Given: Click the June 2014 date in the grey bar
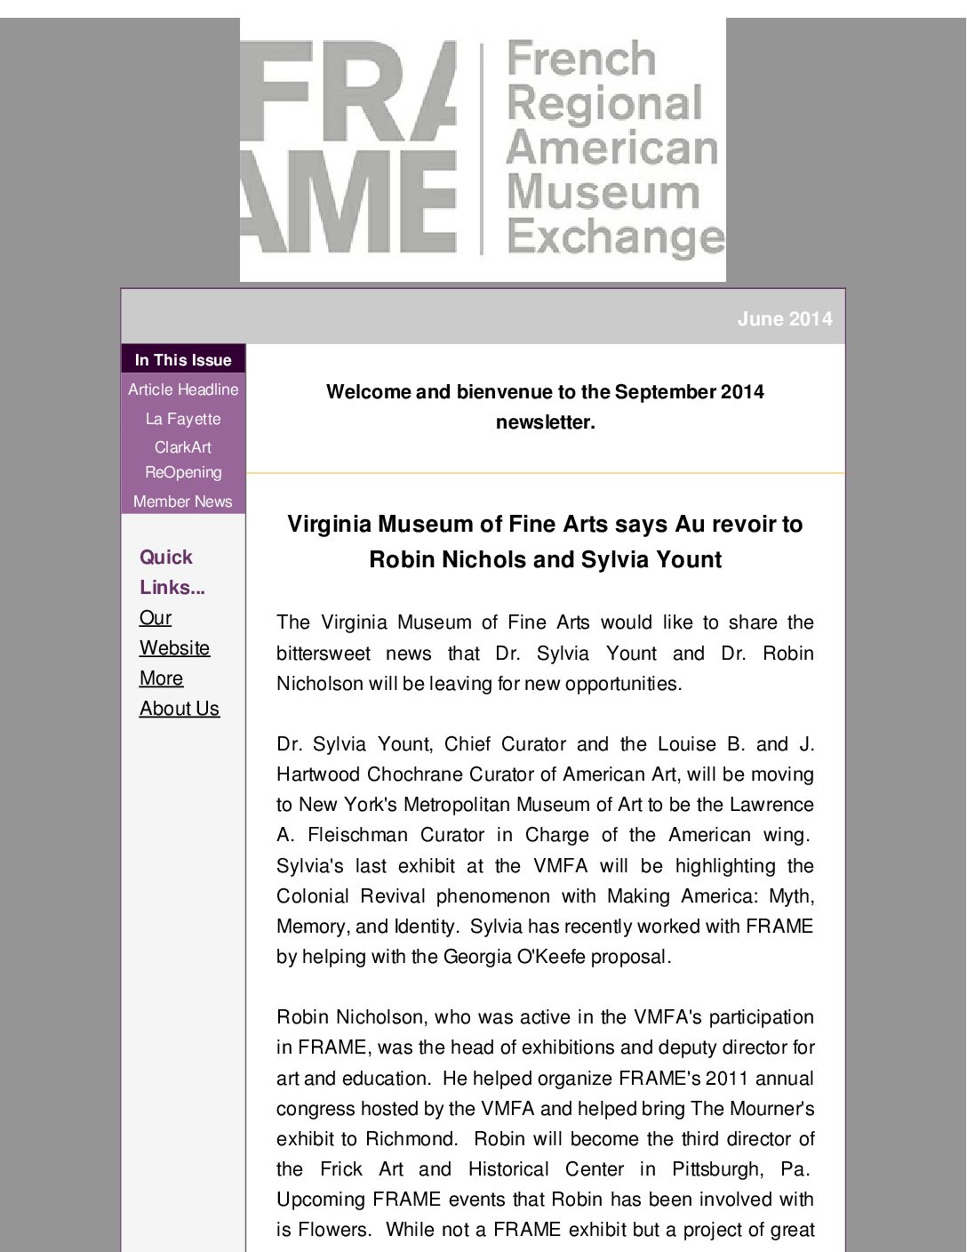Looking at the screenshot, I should point(784,319).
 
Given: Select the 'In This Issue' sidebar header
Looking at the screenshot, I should point(183,360).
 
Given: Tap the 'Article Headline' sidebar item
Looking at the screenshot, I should point(183,389).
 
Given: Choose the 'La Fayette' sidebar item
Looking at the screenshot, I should point(183,419).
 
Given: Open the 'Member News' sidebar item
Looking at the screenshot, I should point(183,502).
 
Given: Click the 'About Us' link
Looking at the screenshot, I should point(180,709).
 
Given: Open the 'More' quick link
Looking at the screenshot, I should point(161,678).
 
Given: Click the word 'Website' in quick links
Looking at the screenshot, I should point(174,648).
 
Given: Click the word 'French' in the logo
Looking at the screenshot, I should point(581,60).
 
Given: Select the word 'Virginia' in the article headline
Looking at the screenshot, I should point(328,525).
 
